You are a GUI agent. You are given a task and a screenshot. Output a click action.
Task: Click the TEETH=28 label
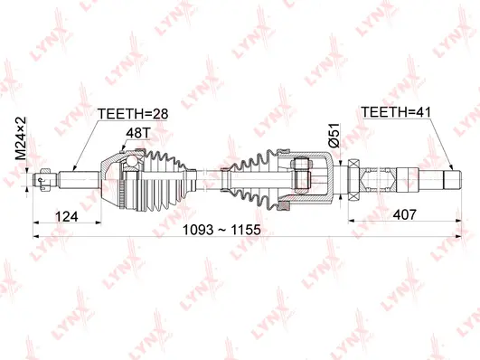(132, 113)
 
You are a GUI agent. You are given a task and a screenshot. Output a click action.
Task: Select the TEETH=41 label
(396, 113)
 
